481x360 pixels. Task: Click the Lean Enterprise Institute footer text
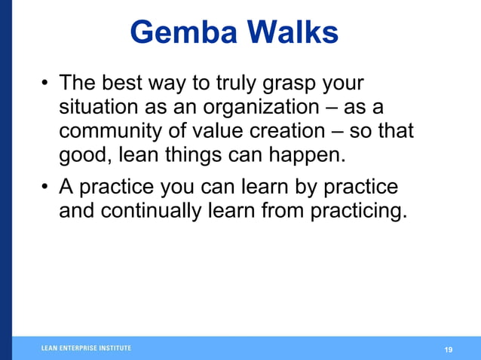tap(86, 349)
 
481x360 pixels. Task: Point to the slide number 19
tap(449, 349)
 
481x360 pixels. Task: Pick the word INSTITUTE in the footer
tap(114, 349)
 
